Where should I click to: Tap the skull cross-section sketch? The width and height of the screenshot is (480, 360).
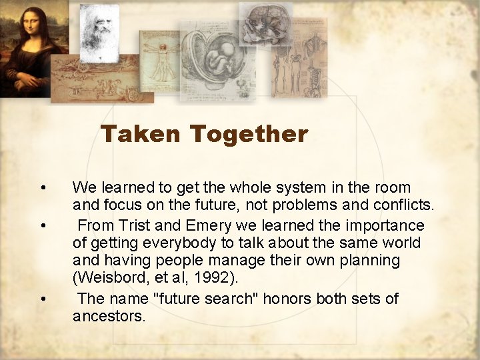265,24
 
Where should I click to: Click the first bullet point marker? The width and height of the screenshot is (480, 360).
43,187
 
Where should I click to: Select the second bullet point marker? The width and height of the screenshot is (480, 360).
43,225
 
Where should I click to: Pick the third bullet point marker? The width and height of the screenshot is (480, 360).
43,298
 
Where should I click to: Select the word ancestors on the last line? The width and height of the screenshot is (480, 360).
109,316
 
